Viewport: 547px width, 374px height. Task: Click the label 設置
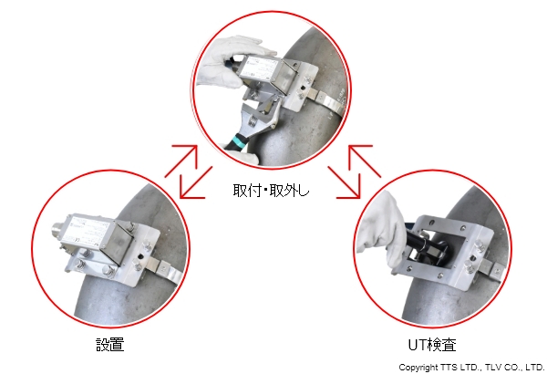[x=110, y=345]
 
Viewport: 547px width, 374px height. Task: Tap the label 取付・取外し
[x=271, y=191]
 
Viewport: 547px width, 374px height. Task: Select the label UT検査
[x=432, y=345]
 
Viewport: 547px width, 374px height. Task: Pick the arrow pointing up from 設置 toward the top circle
[x=181, y=161]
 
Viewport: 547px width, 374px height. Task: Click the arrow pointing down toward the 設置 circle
[x=196, y=182]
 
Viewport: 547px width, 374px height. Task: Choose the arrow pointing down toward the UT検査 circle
[x=344, y=182]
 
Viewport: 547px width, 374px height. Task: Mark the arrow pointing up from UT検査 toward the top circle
[x=365, y=161]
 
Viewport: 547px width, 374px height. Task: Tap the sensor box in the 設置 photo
[x=98, y=237]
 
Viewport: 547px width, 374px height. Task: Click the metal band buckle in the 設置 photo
[x=160, y=266]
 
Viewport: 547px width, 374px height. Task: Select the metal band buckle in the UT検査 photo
[x=492, y=268]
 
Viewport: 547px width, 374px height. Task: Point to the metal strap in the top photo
[x=327, y=99]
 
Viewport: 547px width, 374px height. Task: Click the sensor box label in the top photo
[x=258, y=67]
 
